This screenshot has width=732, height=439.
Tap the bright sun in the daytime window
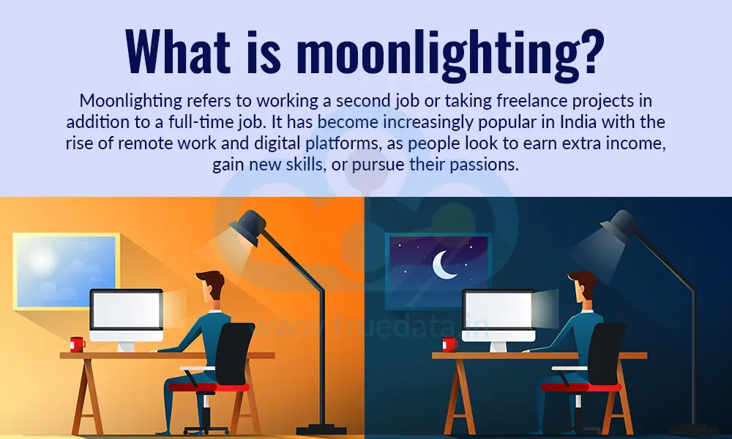41,260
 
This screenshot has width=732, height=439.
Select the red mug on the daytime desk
77,344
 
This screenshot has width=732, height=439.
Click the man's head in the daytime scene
209,285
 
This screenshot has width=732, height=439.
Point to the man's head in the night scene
581,285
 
